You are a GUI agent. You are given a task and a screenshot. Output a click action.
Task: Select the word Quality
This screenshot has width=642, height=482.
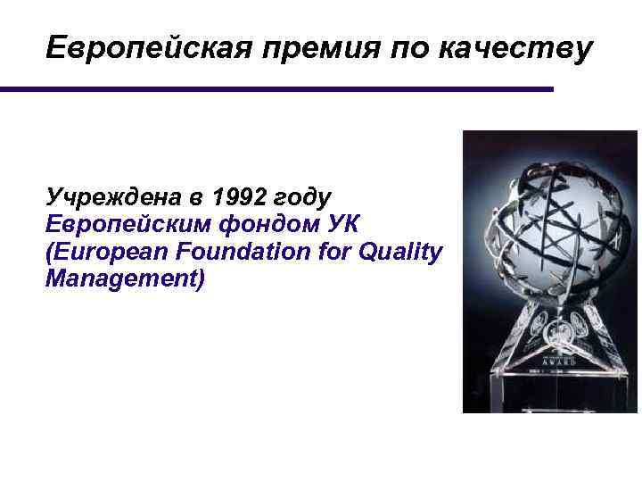[400, 253]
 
